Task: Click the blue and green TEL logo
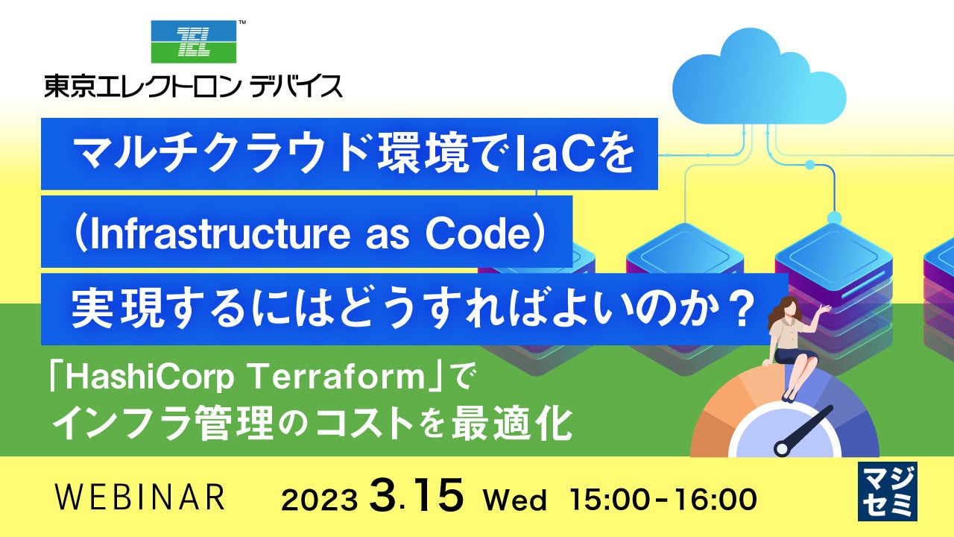pos(194,41)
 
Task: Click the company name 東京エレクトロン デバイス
pos(193,87)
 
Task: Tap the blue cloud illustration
pos(759,76)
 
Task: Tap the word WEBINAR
pos(140,497)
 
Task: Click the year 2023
pos(320,500)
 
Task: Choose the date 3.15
pos(416,494)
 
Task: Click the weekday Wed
pos(514,499)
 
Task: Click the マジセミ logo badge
pos(888,492)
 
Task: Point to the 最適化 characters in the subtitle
pos(511,424)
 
